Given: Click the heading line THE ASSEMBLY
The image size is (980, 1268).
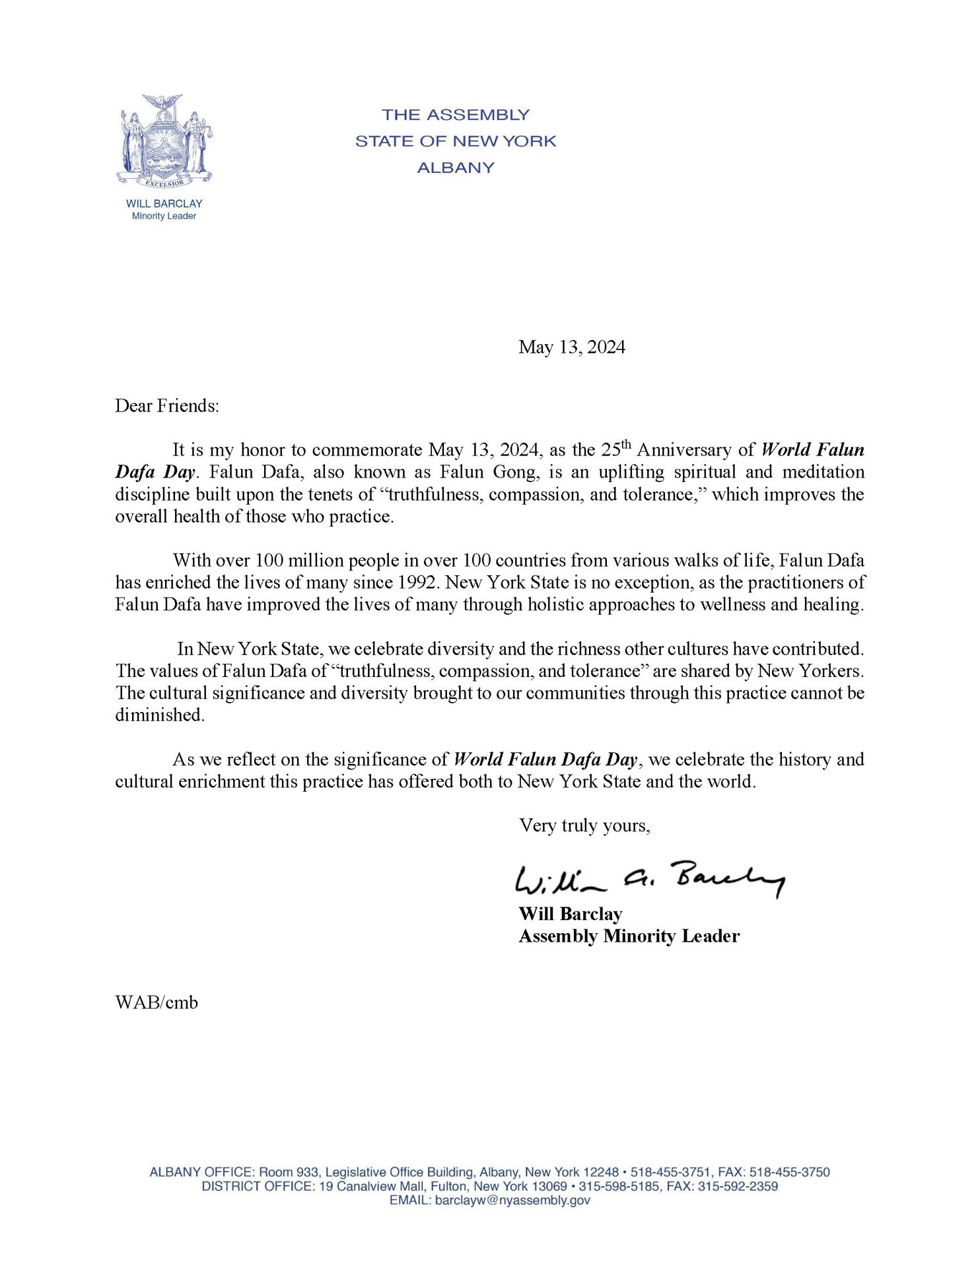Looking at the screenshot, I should point(456,115).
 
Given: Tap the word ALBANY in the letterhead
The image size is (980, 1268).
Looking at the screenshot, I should point(456,168).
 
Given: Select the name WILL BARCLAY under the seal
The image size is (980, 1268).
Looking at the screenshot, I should point(164,204).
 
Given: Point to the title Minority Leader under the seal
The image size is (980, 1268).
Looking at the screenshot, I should point(164,217).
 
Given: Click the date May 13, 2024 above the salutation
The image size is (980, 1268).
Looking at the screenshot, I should point(571,347).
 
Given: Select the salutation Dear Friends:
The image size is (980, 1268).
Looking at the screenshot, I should point(166,405).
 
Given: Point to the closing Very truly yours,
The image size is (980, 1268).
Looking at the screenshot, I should point(584,826).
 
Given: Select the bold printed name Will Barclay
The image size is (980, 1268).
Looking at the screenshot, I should point(571,914).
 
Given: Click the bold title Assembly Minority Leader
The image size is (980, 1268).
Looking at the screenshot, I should point(629,936).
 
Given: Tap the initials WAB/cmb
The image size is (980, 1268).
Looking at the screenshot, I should point(157,1003).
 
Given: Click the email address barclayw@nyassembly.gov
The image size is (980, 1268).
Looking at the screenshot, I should point(512,1201).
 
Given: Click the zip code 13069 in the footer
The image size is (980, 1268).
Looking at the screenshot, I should point(549,1186).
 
